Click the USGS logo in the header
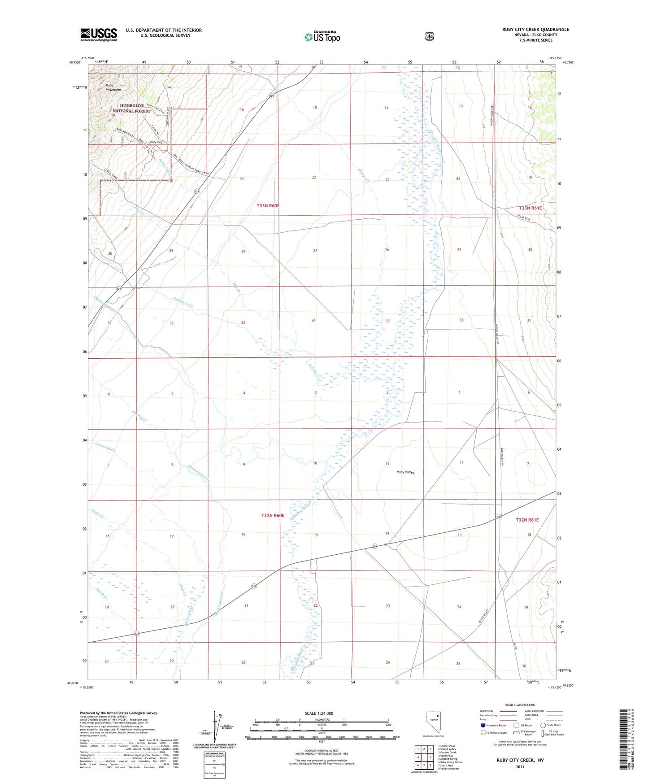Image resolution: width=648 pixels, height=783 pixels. point(98,35)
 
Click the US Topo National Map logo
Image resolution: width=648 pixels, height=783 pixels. point(322,36)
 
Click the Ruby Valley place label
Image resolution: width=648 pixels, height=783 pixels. point(405,472)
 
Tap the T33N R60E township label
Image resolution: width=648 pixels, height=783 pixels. point(268,205)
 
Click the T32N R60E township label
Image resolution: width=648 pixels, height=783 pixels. point(273,515)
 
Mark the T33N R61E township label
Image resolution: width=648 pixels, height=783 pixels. point(530,208)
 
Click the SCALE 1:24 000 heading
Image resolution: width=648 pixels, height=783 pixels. point(318,713)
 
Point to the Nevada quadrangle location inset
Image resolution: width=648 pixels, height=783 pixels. point(433,722)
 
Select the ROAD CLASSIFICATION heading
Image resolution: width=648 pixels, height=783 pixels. point(520,705)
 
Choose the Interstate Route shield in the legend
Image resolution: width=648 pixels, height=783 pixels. point(483,725)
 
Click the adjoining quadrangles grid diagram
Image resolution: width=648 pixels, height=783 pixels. point(424,757)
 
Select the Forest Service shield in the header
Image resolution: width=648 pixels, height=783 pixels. point(429,36)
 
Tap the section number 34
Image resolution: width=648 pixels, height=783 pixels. point(313,320)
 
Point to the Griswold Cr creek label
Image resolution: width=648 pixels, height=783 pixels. point(105,446)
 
